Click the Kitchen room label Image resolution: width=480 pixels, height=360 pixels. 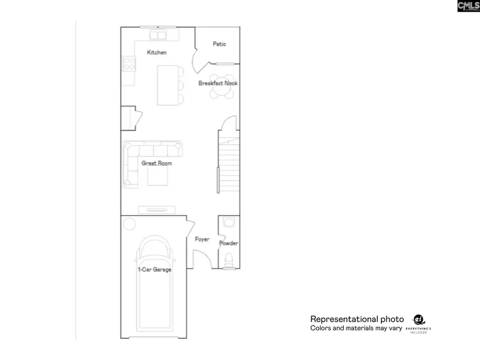(x=157, y=52)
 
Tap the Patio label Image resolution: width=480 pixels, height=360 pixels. (x=219, y=44)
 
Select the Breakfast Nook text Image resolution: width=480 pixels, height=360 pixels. (x=218, y=83)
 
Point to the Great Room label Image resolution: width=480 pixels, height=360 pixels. (x=156, y=163)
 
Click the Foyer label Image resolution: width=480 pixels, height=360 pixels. (x=202, y=239)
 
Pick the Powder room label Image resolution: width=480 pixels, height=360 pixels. (x=229, y=243)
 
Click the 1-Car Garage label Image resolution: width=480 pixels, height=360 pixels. (x=155, y=270)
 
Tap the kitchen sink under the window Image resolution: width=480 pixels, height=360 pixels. (x=157, y=35)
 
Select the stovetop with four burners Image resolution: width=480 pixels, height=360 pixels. (x=129, y=64)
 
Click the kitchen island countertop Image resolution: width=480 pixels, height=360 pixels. (x=166, y=85)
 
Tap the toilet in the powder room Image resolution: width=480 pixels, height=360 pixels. (x=229, y=260)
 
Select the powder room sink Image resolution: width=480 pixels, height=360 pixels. (x=229, y=222)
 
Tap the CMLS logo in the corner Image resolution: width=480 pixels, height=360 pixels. (x=468, y=6)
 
